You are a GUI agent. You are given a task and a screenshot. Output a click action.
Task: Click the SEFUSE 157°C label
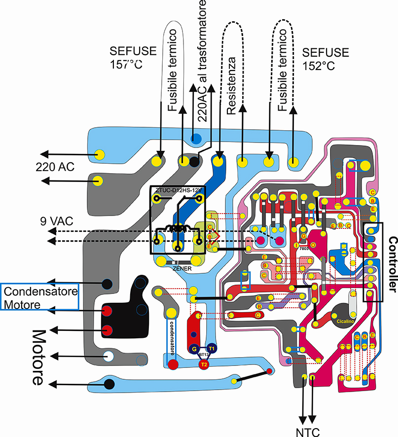tap(126, 58)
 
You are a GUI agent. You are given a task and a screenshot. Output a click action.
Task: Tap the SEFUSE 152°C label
tap(325, 58)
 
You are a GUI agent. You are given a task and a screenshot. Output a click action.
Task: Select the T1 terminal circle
tap(212, 348)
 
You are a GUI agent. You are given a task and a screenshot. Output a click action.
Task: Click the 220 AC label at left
tap(54, 167)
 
